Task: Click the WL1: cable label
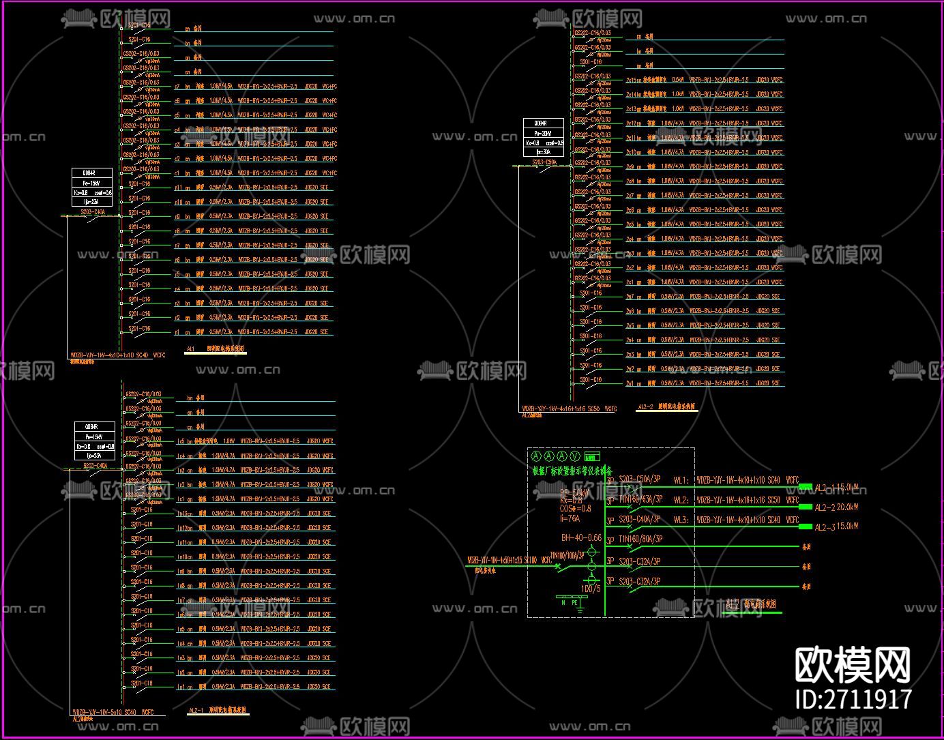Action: [681, 479]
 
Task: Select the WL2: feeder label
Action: [681, 500]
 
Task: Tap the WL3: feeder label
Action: [681, 520]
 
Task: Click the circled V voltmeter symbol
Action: [575, 456]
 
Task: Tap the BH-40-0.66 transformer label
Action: [581, 538]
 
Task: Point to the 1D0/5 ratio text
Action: [591, 589]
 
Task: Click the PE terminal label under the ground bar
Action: [574, 603]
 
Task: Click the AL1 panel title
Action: [190, 349]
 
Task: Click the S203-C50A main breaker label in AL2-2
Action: [544, 163]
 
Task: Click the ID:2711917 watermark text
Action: [854, 699]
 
